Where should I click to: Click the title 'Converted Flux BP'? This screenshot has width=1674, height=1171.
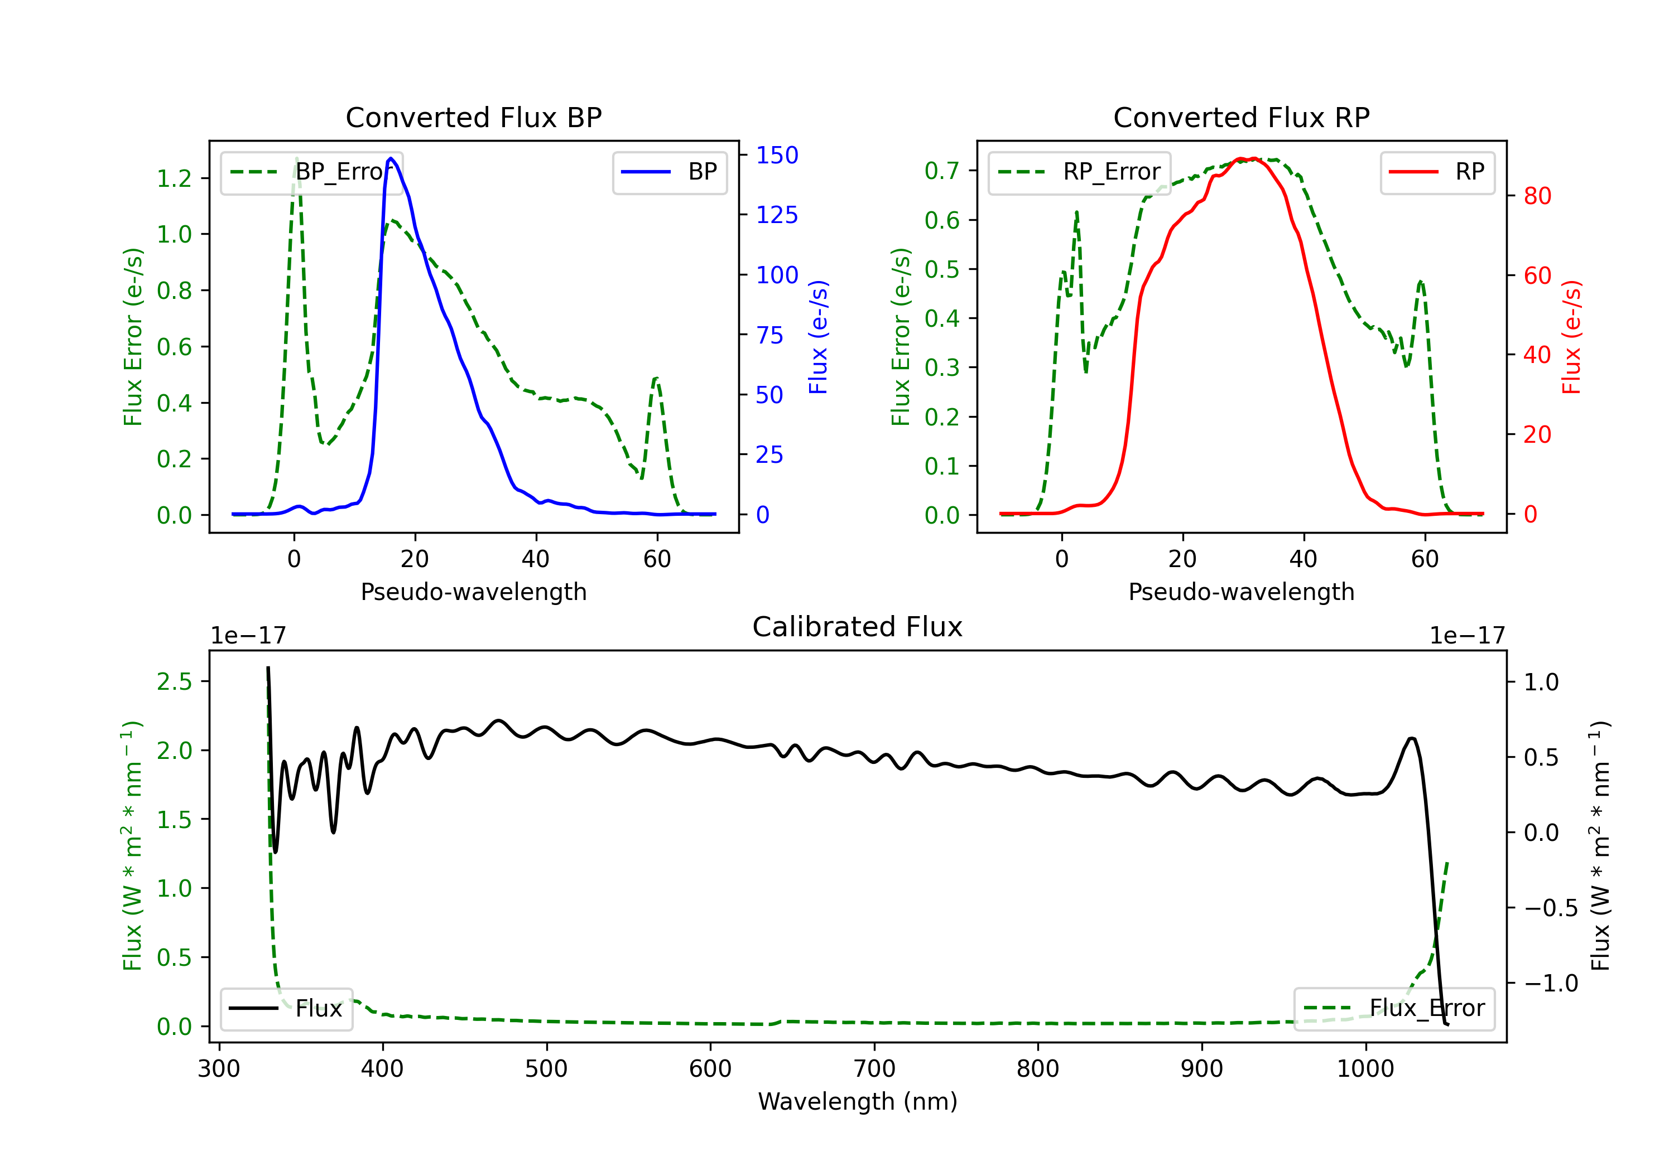point(473,117)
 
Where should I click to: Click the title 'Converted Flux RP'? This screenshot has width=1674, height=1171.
point(1241,117)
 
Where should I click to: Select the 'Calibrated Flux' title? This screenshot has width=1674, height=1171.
point(858,627)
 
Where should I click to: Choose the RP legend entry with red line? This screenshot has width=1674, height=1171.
point(1437,172)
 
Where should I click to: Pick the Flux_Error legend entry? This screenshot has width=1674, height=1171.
point(1394,1009)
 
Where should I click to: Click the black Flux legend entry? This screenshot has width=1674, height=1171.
point(286,1009)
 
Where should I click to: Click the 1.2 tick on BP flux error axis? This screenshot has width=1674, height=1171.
point(175,178)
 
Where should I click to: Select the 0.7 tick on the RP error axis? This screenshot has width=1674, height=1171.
point(942,171)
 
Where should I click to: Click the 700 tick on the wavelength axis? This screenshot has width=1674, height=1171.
point(874,1069)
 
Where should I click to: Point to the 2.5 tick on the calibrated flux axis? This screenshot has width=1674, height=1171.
point(175,682)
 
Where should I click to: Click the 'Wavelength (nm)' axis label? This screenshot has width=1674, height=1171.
point(858,1101)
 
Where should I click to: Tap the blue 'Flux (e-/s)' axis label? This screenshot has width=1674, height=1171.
point(818,337)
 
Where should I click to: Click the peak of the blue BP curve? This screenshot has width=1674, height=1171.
point(392,158)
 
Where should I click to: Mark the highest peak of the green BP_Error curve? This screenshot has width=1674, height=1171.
point(296,159)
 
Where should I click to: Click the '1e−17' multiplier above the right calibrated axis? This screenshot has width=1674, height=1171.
point(1467,636)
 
